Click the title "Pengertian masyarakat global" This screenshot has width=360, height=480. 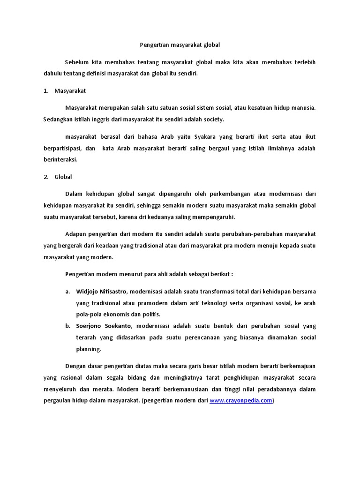tap(180, 45)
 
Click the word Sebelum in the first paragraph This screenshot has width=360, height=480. tap(76, 63)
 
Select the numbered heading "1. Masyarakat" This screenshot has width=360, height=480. tap(65, 90)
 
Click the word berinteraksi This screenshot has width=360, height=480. tap(60, 159)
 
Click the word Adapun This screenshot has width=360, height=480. tap(76, 233)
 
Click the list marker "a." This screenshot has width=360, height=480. tap(67, 292)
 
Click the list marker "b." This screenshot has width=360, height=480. tap(67, 326)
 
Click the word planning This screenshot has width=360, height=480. tap(88, 349)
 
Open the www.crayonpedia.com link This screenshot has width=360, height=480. tap(240, 401)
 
